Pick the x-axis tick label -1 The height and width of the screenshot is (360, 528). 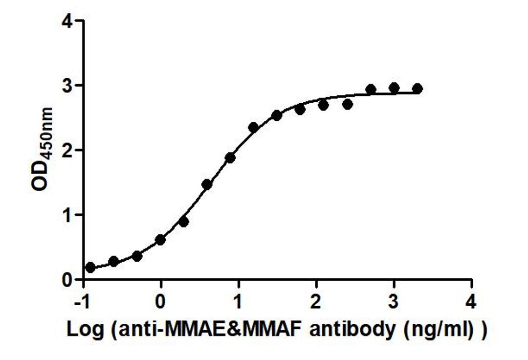coord(81,302)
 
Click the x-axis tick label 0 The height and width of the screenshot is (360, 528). coord(161,302)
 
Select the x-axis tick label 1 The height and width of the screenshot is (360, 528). coord(239,302)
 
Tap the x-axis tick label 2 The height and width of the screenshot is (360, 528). coord(316,302)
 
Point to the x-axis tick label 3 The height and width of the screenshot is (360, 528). coord(394,302)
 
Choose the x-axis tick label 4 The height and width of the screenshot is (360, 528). coord(471,302)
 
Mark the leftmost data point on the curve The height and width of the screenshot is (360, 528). coord(90,268)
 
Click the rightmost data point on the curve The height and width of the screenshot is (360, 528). coord(418,89)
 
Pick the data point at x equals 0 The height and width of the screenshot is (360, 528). coord(160,240)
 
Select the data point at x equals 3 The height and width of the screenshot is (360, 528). coord(394,88)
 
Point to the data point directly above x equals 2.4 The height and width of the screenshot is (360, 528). coord(348,104)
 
